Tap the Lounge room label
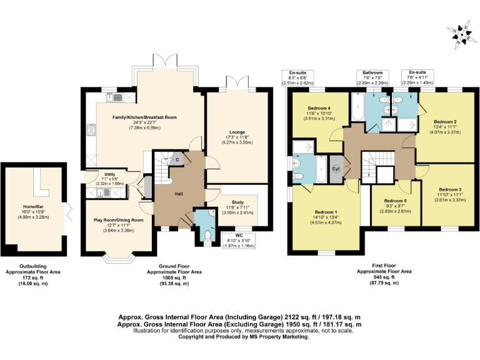(x=237, y=132)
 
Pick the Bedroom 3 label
(x=450, y=189)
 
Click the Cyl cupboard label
(x=336, y=169)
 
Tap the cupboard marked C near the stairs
(x=177, y=159)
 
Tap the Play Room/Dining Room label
(x=119, y=220)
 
